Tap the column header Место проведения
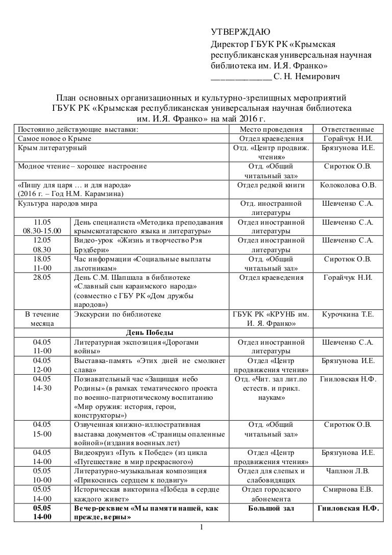pos(271,129)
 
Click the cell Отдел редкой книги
pos(271,185)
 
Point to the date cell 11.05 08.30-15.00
pos(42,227)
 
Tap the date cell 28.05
pos(42,277)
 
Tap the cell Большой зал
pos(271,509)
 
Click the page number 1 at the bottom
pos(202,526)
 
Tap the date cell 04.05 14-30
pos(42,383)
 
